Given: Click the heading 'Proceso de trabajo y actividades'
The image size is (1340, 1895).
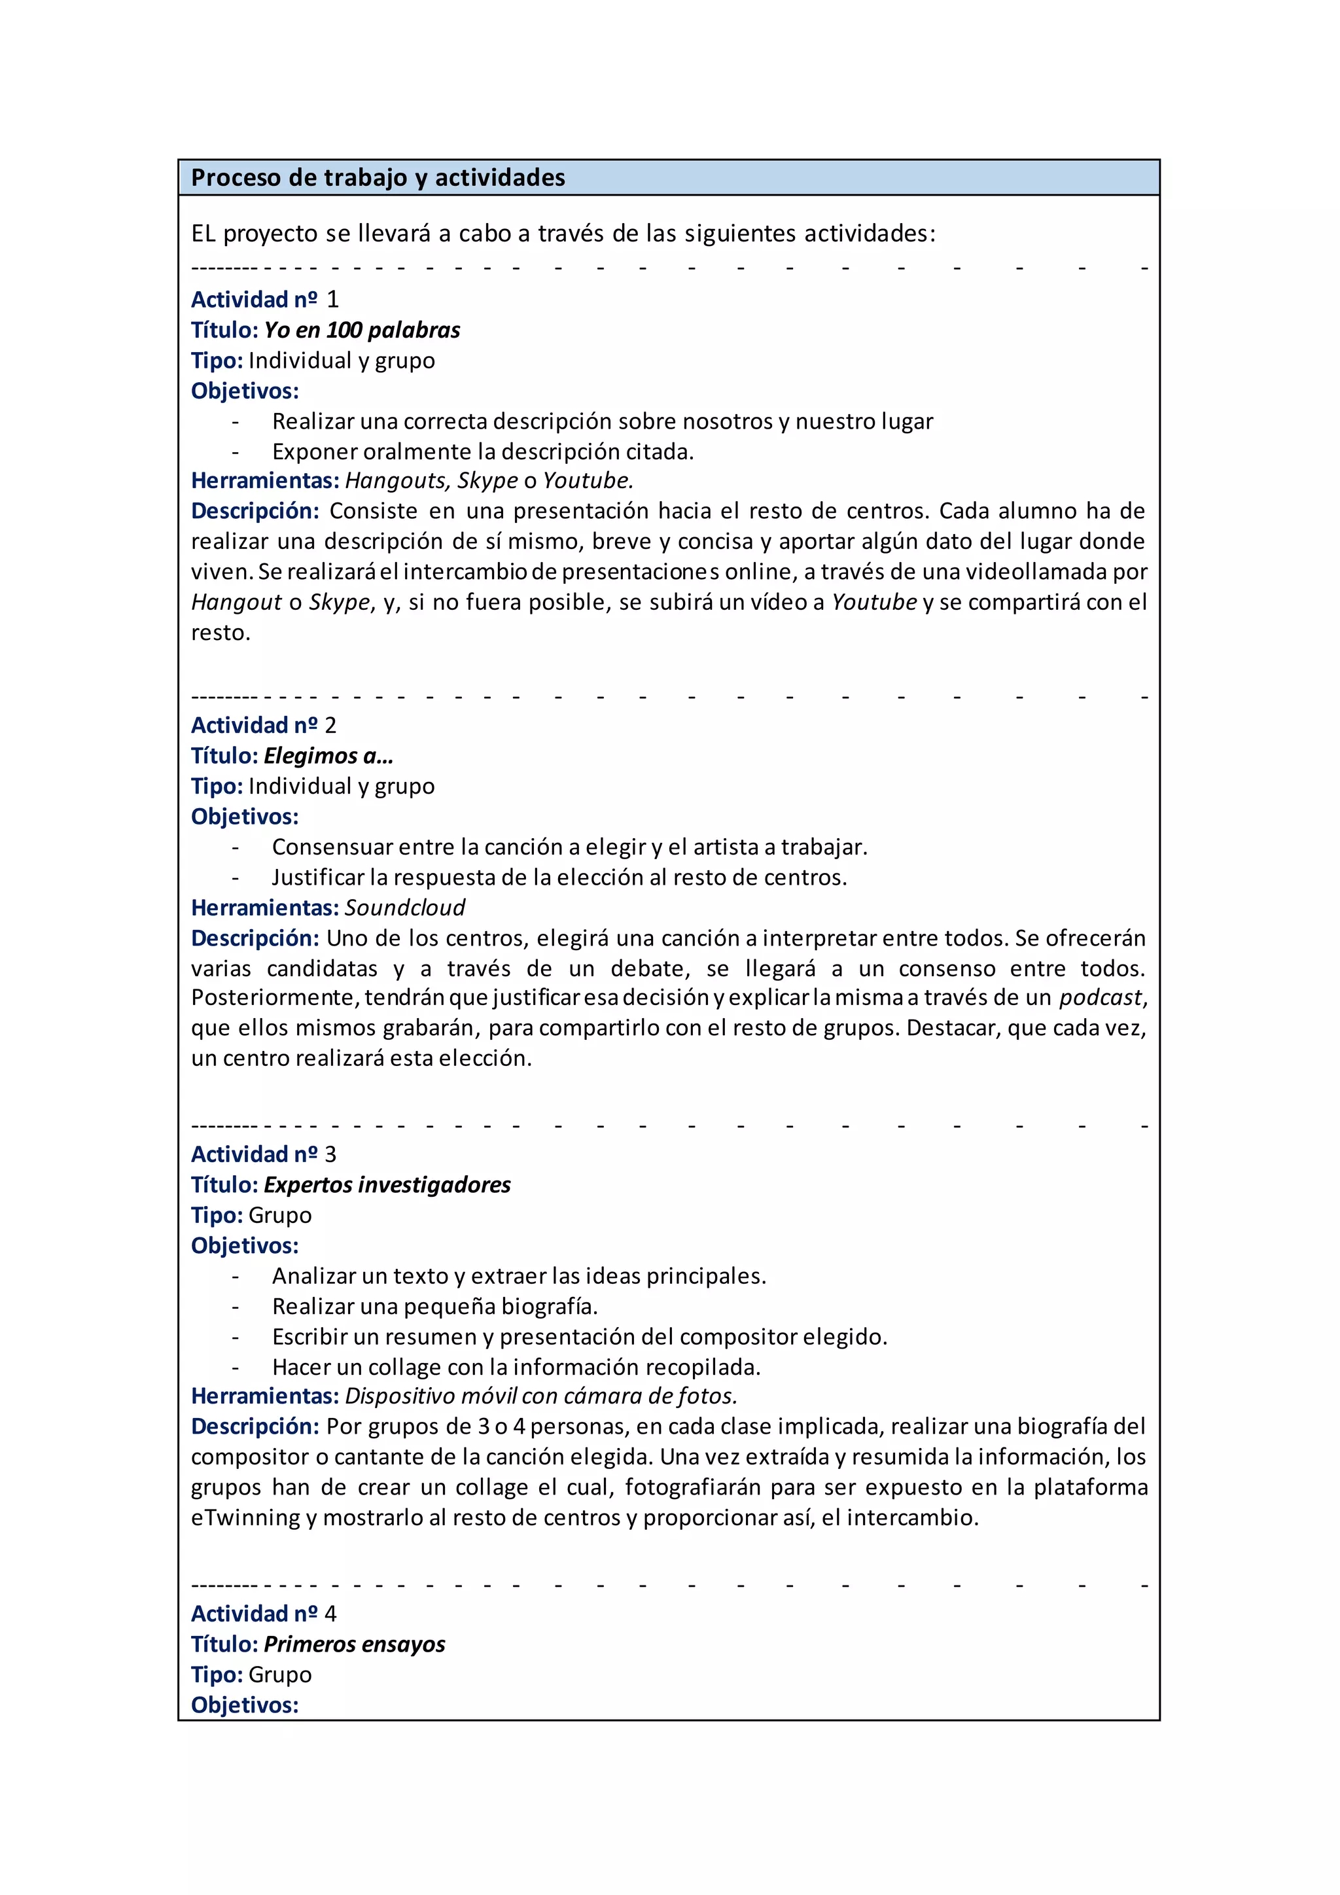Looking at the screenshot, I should point(378,177).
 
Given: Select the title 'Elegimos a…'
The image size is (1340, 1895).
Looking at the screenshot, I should point(328,756).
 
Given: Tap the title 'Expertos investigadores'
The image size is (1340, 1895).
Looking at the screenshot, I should point(387,1185).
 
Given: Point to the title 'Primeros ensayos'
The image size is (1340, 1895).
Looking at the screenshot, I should point(354,1644).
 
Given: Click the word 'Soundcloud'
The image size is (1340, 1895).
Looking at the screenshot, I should point(404,908).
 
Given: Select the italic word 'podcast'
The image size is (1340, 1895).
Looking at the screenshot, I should point(1101,998).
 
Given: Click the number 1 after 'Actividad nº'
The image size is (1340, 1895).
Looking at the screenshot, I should point(332,300).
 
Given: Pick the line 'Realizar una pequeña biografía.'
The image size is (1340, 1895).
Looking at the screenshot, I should point(435,1307).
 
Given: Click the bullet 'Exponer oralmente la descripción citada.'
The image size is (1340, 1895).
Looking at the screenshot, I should point(483,452).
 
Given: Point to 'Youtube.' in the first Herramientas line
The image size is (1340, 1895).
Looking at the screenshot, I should point(588,480).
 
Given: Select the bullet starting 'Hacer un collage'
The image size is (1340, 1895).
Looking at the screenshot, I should point(516,1368).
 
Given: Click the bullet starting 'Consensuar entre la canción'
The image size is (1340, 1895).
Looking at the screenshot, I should point(569,847).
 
